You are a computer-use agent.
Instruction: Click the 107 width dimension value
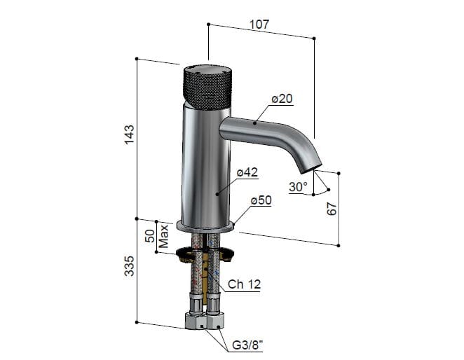click(259, 24)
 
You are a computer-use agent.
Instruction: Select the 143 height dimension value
click(129, 136)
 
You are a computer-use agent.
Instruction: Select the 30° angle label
click(298, 187)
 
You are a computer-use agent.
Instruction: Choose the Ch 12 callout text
click(245, 285)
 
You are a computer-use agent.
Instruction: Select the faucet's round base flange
click(205, 226)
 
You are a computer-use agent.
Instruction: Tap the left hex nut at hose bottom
click(196, 322)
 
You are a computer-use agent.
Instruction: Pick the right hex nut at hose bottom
click(216, 322)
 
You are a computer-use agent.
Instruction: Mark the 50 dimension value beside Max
click(149, 235)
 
